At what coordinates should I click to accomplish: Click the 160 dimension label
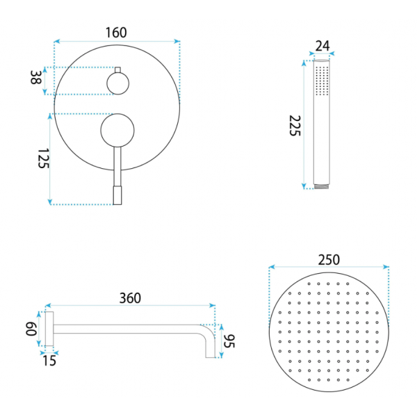click(x=116, y=33)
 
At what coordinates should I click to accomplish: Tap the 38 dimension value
click(x=35, y=77)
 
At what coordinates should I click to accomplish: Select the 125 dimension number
click(x=43, y=158)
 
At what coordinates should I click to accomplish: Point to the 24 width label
click(x=322, y=46)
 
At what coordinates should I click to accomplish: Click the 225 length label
click(x=295, y=126)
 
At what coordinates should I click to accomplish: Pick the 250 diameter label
click(x=329, y=260)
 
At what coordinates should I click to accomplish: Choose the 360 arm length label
click(x=130, y=298)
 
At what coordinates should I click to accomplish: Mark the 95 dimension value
click(x=229, y=341)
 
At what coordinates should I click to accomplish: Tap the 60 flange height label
click(x=31, y=329)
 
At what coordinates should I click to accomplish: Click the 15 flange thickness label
click(x=49, y=361)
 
